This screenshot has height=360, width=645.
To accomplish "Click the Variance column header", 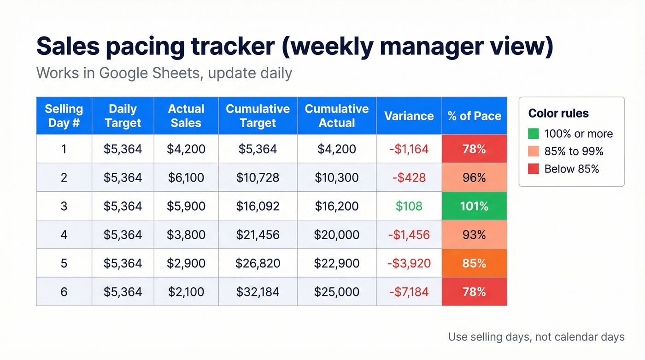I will (409, 116).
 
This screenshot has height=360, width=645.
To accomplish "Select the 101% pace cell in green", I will (474, 206).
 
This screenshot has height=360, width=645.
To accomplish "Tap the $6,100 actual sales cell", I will (186, 177).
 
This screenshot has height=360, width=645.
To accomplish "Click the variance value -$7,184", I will (409, 292).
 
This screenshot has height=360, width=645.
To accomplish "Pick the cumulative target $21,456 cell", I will (258, 235).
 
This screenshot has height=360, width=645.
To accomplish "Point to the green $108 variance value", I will (409, 206).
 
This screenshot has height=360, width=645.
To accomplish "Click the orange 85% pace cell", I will (474, 263).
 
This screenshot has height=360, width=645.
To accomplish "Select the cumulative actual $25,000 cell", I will (336, 292).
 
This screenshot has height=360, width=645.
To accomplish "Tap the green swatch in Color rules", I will (534, 134).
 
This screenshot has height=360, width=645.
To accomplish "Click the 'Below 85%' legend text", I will (571, 169).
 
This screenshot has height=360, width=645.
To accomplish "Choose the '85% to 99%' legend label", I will (574, 152).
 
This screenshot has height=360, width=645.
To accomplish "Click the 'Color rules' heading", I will (558, 113).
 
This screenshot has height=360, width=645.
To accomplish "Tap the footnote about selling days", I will (536, 337).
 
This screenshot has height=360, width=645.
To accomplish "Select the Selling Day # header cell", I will (64, 116).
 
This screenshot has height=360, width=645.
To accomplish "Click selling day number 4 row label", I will (64, 235).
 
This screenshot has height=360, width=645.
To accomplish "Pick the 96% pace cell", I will (474, 177).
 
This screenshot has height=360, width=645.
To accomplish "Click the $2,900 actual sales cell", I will (186, 263).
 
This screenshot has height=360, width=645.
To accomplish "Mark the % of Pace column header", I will (474, 116).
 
